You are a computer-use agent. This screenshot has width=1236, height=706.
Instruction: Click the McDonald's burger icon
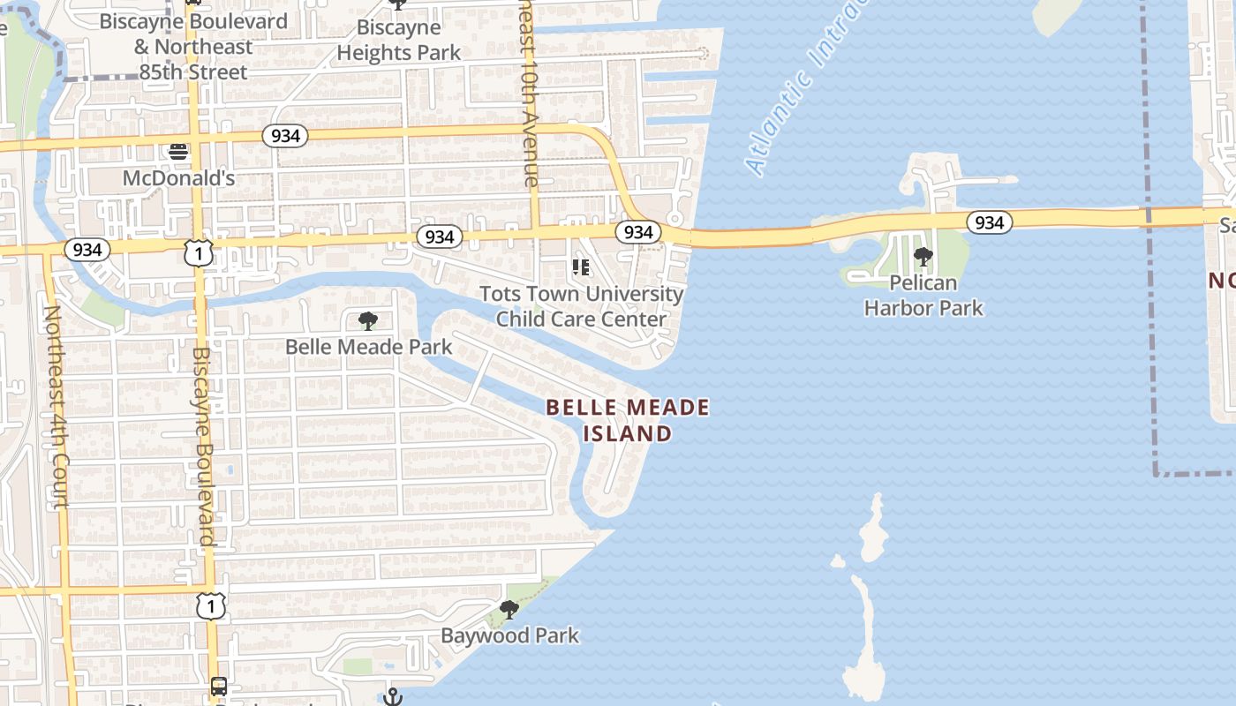click(178, 152)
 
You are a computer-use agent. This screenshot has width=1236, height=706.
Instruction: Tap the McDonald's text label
click(178, 178)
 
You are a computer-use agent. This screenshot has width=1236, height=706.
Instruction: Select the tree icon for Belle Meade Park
click(368, 321)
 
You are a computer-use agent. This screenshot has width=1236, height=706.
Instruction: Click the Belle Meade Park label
click(368, 347)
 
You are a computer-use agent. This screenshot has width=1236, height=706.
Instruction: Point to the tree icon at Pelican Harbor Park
click(923, 258)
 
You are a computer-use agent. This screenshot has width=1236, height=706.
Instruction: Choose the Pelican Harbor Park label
click(923, 296)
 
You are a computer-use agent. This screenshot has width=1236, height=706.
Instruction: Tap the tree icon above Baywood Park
click(509, 610)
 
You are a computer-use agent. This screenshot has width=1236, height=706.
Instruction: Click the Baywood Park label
click(509, 635)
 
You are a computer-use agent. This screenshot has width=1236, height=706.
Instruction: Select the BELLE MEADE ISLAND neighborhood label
click(628, 420)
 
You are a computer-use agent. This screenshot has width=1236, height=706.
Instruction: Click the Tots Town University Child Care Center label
click(581, 306)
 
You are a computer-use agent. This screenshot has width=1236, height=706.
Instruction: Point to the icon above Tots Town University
click(580, 267)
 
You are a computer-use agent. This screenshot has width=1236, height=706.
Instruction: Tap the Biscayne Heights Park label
click(399, 41)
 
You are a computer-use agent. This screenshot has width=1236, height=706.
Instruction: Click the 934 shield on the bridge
click(989, 222)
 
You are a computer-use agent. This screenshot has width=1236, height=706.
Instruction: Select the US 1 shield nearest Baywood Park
click(210, 605)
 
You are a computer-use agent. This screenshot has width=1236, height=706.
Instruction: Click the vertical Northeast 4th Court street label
click(55, 406)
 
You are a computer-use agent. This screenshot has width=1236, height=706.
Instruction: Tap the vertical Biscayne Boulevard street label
click(202, 446)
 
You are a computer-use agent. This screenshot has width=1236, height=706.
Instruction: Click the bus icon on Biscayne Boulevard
click(218, 686)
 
